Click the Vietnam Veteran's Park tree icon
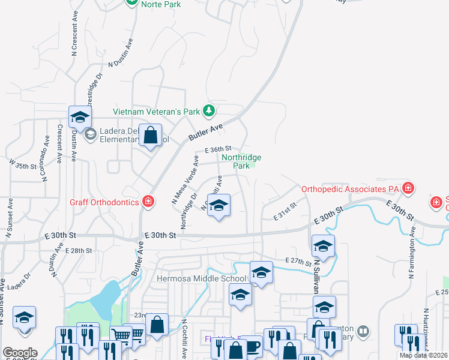pyautogui.click(x=209, y=110)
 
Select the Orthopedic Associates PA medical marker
pyautogui.click(x=408, y=188)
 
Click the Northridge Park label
pyautogui.click(x=241, y=161)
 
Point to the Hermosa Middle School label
pyautogui.click(x=201, y=278)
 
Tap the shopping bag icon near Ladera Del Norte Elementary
pyautogui.click(x=151, y=135)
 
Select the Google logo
pyautogui.click(x=20, y=353)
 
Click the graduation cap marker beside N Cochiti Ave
pyautogui.click(x=219, y=206)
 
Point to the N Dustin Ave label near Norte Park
pyautogui.click(x=121, y=53)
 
